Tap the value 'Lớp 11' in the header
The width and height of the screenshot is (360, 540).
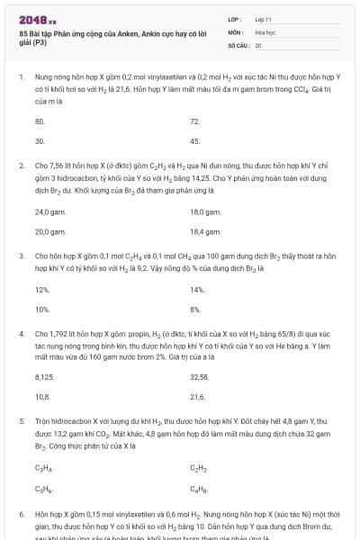[x=263, y=19]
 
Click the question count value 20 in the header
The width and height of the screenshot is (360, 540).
[x=258, y=44]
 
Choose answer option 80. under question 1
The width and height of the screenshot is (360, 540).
[x=40, y=121]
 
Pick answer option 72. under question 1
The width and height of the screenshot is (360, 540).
[x=194, y=121]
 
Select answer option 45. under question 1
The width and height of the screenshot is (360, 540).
[x=194, y=141]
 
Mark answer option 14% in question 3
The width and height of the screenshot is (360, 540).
[x=197, y=289]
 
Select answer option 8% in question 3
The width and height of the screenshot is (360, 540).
[x=195, y=310]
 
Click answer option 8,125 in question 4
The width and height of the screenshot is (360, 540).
[x=44, y=376]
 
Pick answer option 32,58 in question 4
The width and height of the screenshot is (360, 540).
[x=199, y=376]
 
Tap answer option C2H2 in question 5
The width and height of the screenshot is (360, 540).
[x=197, y=467]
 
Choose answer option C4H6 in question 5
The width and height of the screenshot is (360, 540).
[x=197, y=488]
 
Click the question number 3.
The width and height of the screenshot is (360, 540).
[x=22, y=256]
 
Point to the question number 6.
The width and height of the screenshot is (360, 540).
[x=22, y=513]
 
